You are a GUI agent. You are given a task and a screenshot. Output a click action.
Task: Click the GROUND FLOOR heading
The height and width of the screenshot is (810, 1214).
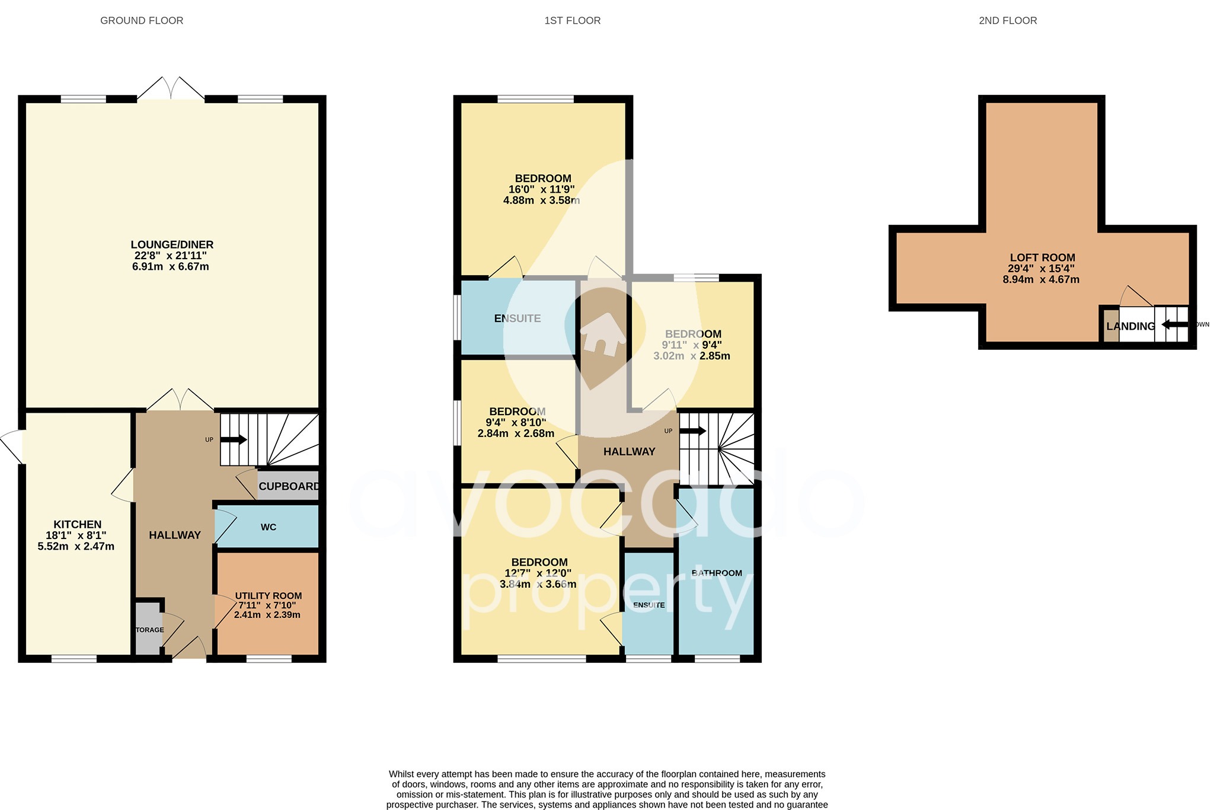(142, 21)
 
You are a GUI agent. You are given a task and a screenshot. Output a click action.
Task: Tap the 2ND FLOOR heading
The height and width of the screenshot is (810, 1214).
(1008, 21)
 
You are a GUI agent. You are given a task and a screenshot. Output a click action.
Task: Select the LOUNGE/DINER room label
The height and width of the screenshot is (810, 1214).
(172, 245)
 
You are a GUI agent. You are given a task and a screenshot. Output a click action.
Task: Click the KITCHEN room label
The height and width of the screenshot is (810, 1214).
(78, 525)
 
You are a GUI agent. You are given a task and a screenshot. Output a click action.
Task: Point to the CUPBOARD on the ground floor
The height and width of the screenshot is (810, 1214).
(289, 486)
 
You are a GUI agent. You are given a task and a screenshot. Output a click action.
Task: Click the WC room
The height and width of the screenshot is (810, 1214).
(268, 527)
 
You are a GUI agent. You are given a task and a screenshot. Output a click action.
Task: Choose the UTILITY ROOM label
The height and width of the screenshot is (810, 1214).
(268, 596)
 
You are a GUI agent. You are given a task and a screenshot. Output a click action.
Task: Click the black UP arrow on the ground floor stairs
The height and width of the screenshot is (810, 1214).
(234, 440)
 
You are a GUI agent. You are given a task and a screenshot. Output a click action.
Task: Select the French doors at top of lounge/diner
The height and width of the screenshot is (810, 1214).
(171, 90)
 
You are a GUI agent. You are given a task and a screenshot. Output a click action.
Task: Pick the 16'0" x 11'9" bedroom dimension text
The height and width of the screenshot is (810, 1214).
(541, 190)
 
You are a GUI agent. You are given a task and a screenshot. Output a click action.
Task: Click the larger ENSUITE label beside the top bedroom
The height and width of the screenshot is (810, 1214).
(517, 318)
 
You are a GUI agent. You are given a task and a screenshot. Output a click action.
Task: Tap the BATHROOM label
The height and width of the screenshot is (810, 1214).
(717, 573)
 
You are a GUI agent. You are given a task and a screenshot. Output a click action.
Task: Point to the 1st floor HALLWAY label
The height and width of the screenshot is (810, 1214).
(629, 452)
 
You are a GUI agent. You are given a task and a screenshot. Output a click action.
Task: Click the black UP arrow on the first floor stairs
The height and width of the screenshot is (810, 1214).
(692, 431)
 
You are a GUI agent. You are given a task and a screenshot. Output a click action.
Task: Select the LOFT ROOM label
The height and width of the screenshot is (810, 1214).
(1042, 258)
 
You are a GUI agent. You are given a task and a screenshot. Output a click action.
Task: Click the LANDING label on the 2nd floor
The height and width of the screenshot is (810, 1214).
(1130, 326)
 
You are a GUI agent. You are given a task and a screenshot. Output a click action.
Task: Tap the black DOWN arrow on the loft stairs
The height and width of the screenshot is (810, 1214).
(1174, 324)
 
